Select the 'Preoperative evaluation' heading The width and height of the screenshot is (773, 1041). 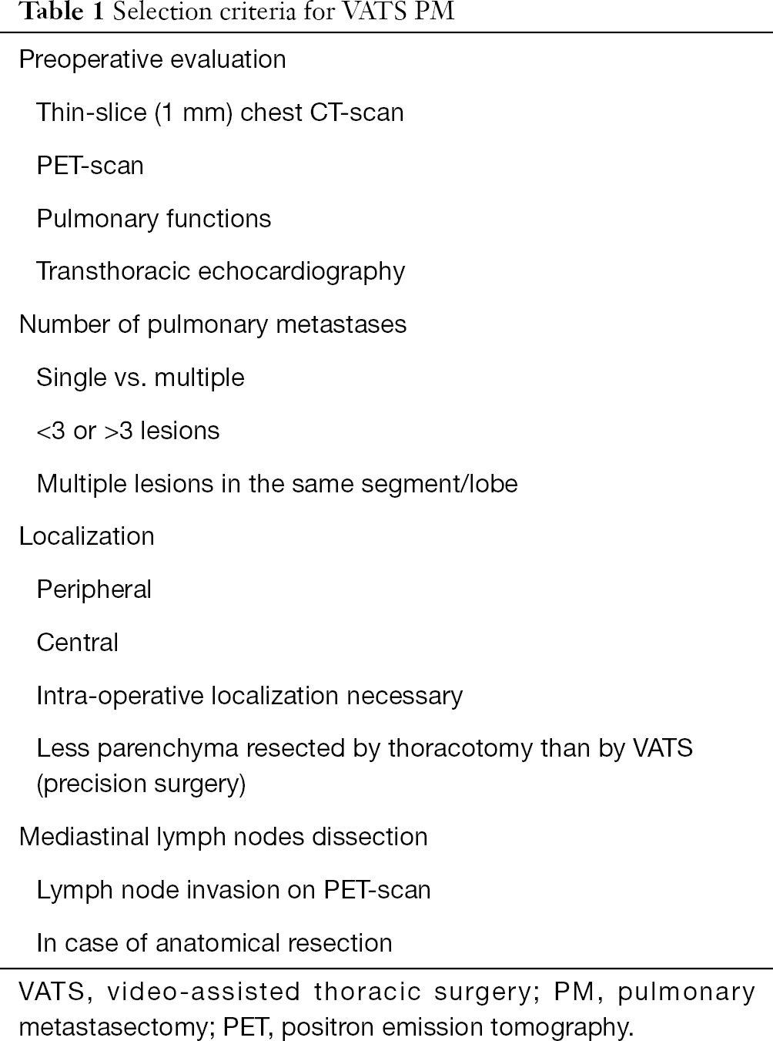pyautogui.click(x=152, y=59)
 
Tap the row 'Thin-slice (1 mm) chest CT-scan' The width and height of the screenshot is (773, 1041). pyautogui.click(x=220, y=112)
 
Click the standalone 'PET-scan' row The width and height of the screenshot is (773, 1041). pyautogui.click(x=90, y=166)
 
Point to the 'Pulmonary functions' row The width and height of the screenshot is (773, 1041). pyautogui.click(x=154, y=219)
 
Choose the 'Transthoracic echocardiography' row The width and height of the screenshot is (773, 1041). pyautogui.click(x=220, y=272)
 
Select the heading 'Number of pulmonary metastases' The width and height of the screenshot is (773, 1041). pyautogui.click(x=213, y=324)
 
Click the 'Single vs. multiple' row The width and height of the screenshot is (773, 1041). pyautogui.click(x=141, y=378)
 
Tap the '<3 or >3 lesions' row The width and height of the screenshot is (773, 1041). pyautogui.click(x=128, y=431)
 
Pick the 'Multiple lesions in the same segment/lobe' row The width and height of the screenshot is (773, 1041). pyautogui.click(x=277, y=483)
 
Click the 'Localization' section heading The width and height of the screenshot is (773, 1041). pyautogui.click(x=87, y=536)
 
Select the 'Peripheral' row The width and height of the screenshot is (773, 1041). pyautogui.click(x=94, y=589)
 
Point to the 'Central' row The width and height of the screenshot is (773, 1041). pyautogui.click(x=78, y=643)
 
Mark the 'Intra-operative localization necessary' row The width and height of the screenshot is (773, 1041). pyautogui.click(x=249, y=696)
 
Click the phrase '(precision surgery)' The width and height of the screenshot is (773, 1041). pyautogui.click(x=141, y=784)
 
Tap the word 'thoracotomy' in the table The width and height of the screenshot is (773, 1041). pyautogui.click(x=460, y=748)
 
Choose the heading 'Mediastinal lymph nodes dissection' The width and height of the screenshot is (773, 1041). pyautogui.click(x=223, y=837)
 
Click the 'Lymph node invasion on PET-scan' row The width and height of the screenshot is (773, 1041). pyautogui.click(x=233, y=890)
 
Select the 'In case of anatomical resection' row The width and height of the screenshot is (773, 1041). pyautogui.click(x=214, y=943)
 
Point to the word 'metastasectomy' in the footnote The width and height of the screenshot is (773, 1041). pyautogui.click(x=113, y=1027)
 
